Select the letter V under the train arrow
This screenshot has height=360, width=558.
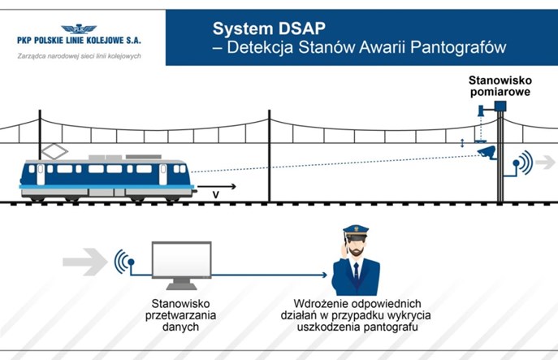coord(215,195)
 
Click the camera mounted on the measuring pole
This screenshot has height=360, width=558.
coord(487,151)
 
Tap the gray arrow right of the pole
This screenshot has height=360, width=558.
coord(545,163)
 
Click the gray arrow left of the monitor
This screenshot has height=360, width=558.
coord(84,261)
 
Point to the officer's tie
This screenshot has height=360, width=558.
coord(356,277)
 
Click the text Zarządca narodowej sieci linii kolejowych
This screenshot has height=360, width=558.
coord(80,56)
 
